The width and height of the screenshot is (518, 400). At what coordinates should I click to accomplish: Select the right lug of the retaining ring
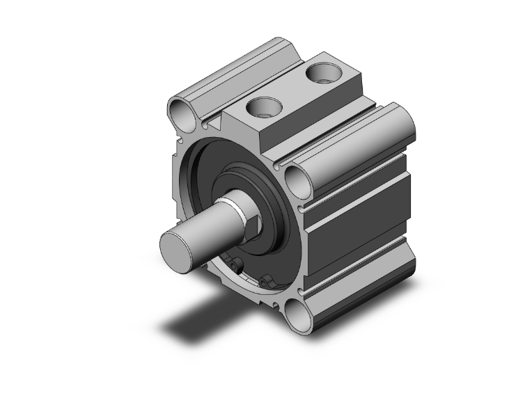pyautogui.click(x=267, y=281)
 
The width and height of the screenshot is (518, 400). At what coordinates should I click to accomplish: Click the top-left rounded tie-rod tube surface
pyautogui.click(x=237, y=70)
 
